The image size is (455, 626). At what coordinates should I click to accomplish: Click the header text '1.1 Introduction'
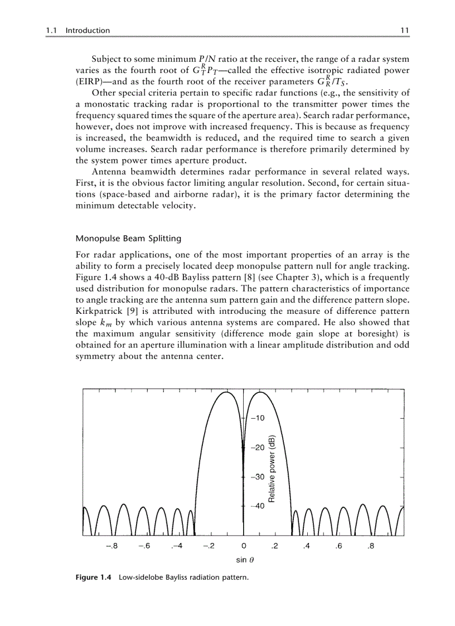point(78,31)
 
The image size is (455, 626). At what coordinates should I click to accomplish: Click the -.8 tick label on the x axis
point(112,546)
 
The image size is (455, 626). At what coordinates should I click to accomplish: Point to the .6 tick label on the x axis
point(338,546)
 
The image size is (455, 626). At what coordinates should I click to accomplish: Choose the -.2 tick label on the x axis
point(209,546)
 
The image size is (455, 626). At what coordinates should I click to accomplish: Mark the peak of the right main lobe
point(260,392)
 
